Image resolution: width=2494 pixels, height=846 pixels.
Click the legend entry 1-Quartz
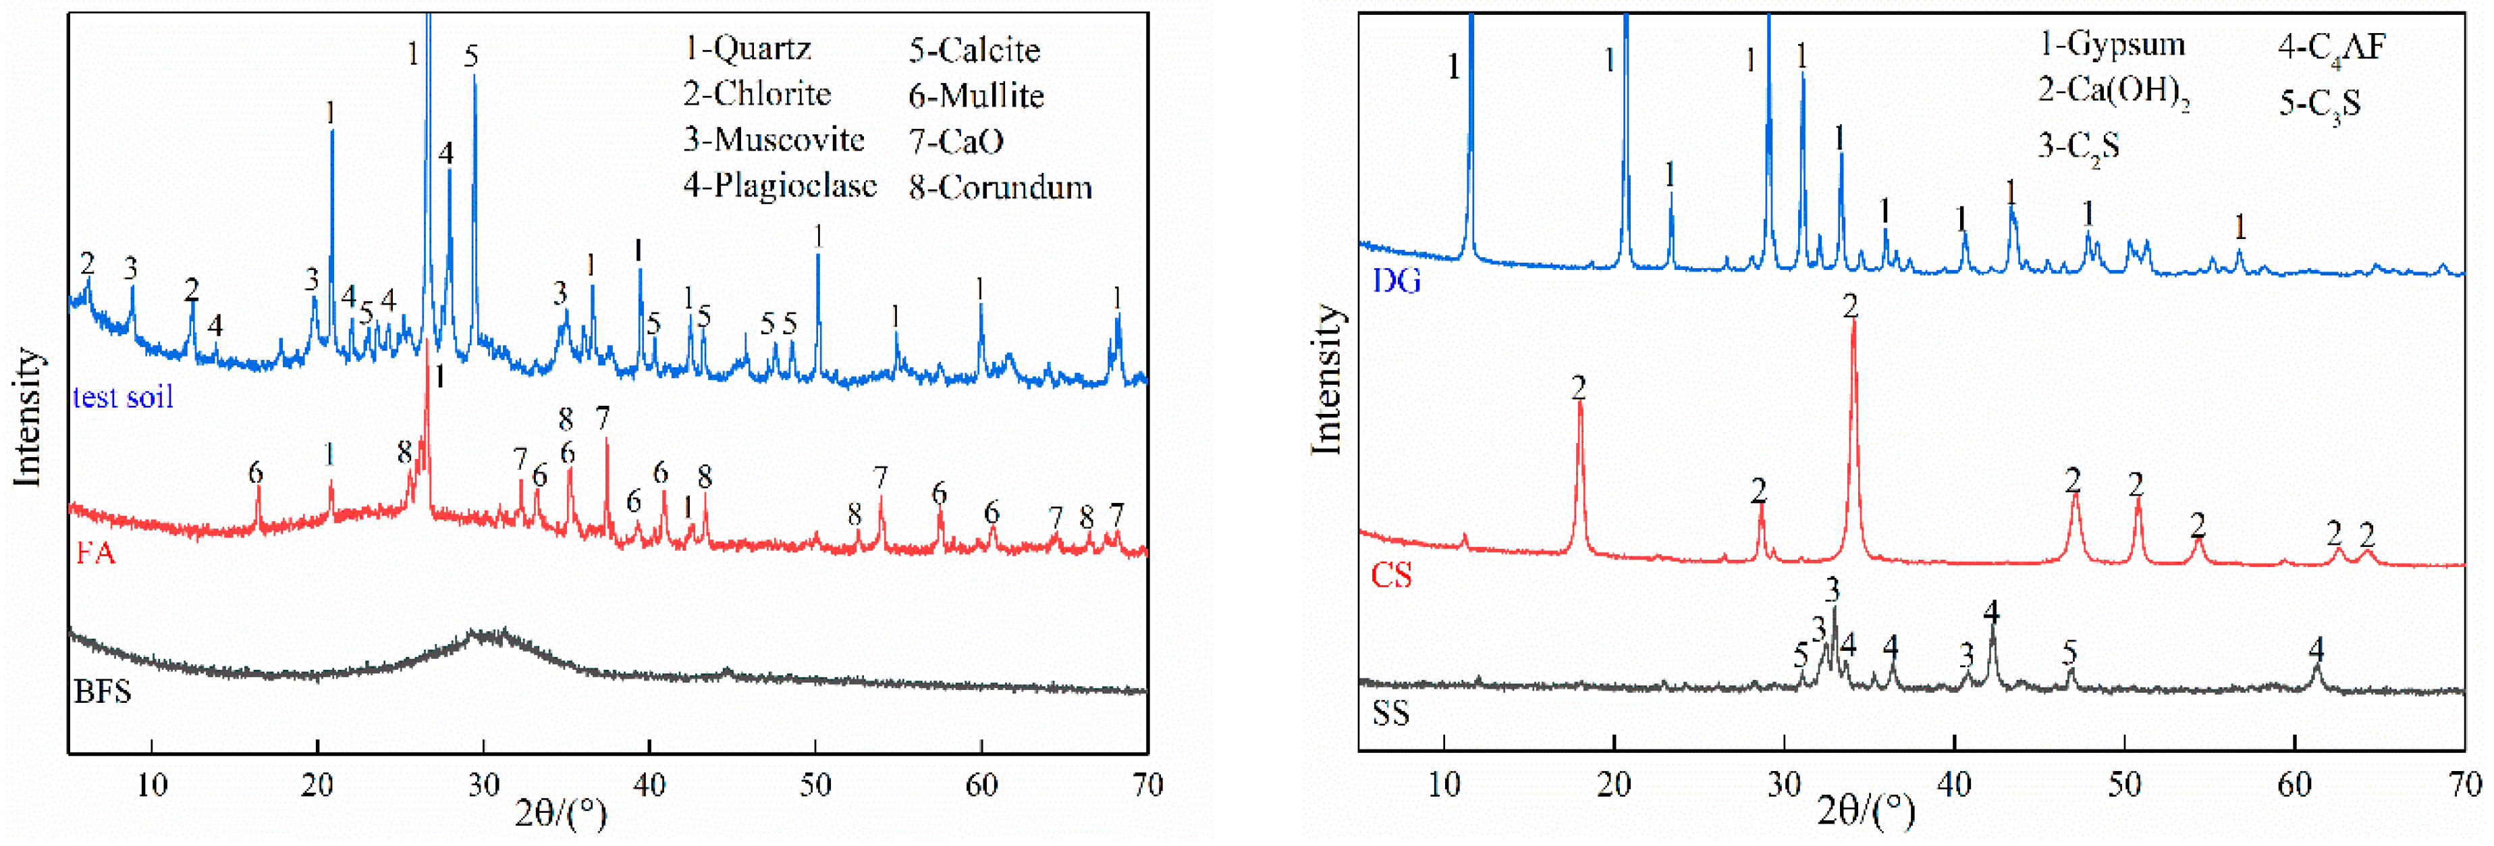747,49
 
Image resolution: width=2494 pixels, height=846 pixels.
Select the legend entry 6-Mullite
976,95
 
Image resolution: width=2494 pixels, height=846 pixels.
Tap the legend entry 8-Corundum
1000,187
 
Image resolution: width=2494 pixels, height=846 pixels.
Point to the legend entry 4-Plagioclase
780,185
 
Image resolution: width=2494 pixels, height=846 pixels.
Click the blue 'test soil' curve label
123,397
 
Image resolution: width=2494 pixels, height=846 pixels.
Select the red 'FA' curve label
95,554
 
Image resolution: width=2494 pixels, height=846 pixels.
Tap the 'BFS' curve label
103,692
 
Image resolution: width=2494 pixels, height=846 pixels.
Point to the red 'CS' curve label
1391,575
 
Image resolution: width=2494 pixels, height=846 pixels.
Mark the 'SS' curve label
1390,714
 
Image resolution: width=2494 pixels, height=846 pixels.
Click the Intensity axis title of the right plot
1326,379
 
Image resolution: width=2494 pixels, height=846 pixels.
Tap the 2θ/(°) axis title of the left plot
561,813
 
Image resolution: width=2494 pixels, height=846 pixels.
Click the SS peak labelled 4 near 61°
2316,668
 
